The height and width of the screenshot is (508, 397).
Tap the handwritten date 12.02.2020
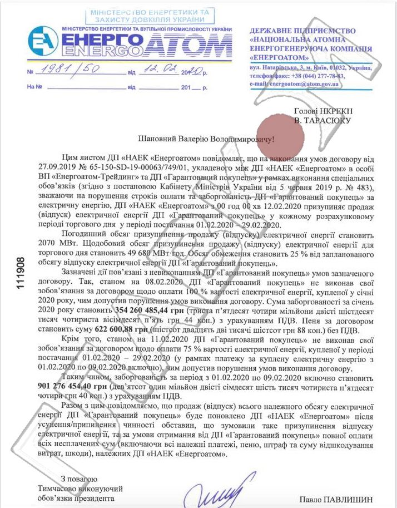[x=161, y=71]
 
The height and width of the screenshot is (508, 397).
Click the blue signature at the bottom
[x=210, y=492]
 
